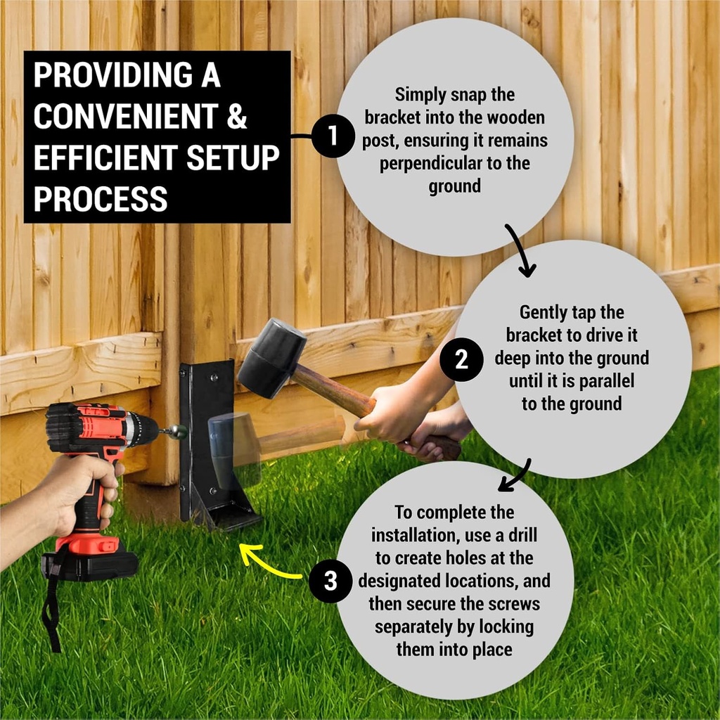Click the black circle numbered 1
(x=331, y=136)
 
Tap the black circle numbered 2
(x=461, y=360)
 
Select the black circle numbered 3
(x=330, y=581)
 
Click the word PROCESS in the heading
(x=101, y=199)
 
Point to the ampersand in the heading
(x=236, y=117)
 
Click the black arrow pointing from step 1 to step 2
(x=521, y=250)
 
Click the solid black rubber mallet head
(x=271, y=358)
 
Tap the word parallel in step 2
(x=601, y=381)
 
